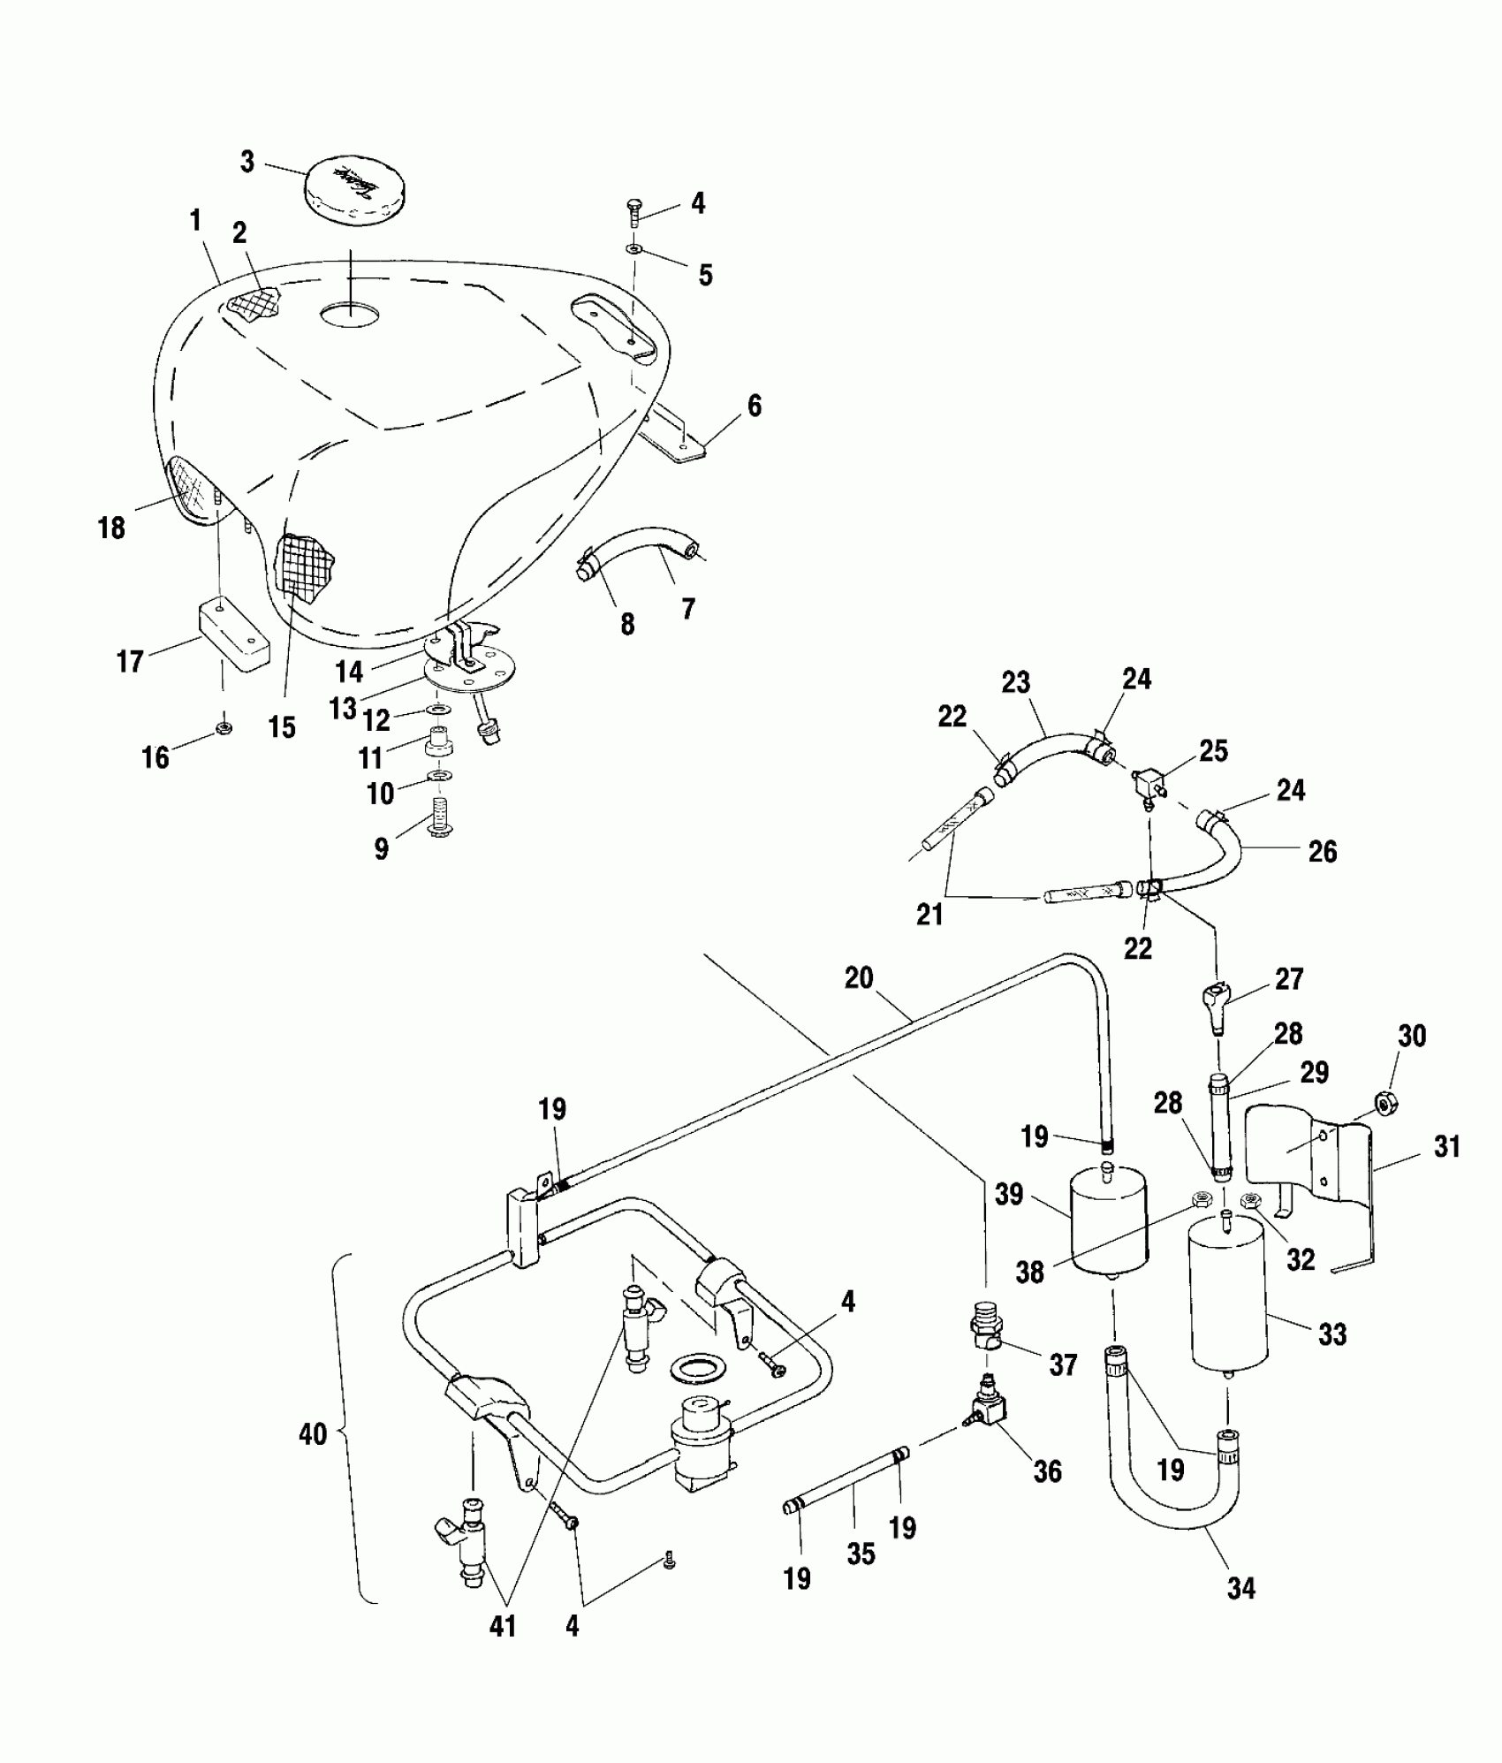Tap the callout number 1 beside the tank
tap(195, 221)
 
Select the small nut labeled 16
tap(224, 729)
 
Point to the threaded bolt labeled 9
tap(440, 817)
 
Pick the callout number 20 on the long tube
tap(859, 978)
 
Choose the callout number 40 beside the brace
tap(313, 1433)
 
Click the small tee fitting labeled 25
tap(1147, 781)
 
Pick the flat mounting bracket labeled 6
tap(676, 439)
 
